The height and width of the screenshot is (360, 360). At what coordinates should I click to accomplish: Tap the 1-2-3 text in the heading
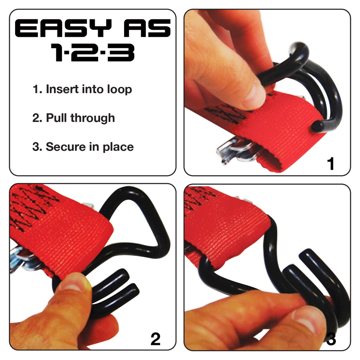pos(92,53)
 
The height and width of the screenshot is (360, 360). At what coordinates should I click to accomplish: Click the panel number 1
pos(330,164)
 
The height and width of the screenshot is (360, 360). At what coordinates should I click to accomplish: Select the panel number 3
pos(331,339)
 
